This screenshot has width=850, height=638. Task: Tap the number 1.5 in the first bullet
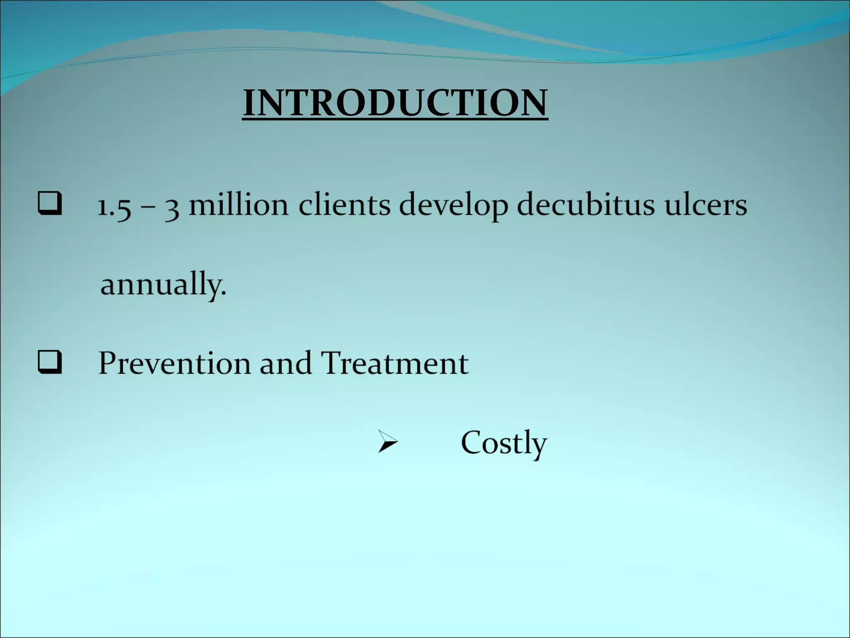[114, 206]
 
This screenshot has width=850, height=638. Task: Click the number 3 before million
[172, 207]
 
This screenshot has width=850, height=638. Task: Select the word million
[238, 205]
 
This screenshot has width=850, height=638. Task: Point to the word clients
[344, 205]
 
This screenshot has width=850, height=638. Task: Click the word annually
[160, 285]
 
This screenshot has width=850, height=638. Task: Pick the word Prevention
[174, 363]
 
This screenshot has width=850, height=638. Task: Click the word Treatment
[395, 363]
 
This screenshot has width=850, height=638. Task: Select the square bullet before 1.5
[50, 204]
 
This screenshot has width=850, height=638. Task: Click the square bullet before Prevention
[50, 362]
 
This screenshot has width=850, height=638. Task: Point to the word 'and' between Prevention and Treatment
[285, 363]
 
